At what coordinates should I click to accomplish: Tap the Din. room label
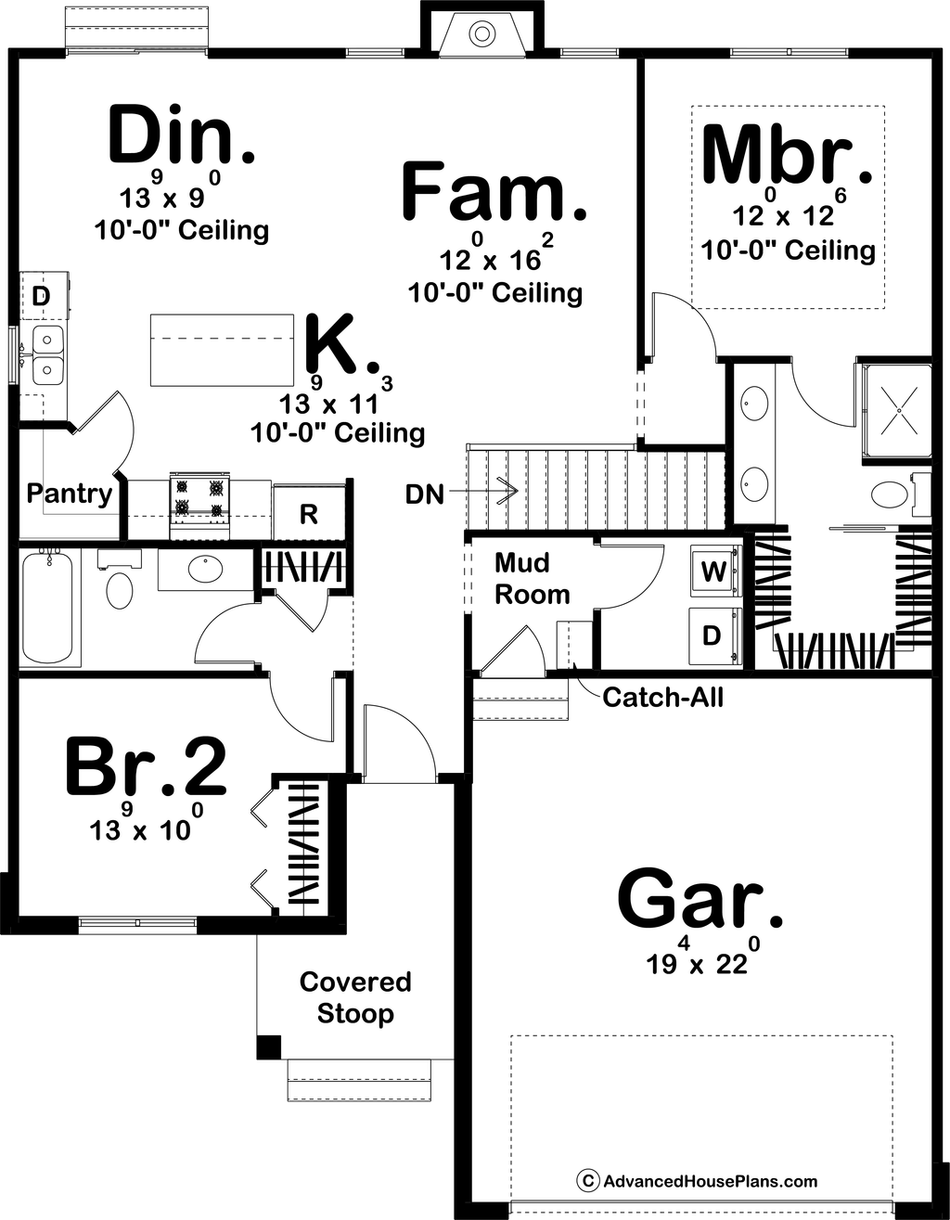click(x=181, y=136)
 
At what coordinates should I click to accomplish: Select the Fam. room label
click(x=494, y=192)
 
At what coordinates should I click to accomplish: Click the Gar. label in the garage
click(x=700, y=899)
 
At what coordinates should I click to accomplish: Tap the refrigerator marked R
click(x=309, y=514)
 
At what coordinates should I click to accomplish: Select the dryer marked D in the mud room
click(x=712, y=636)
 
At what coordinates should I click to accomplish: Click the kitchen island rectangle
click(x=223, y=350)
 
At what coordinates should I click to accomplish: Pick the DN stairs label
click(x=424, y=494)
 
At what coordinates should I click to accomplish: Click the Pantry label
click(x=69, y=493)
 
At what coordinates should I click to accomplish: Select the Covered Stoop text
click(x=355, y=997)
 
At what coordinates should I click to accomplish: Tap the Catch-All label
click(x=662, y=696)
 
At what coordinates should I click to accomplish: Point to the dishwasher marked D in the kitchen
click(x=40, y=297)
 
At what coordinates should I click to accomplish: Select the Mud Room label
click(x=532, y=578)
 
